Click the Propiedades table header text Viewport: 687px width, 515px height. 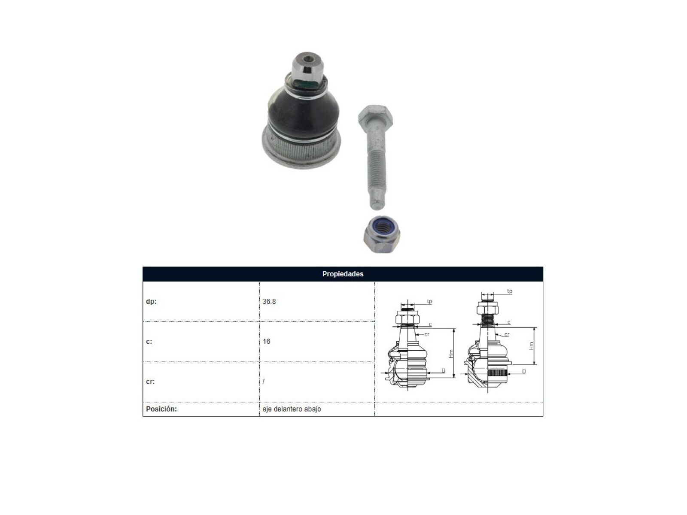(342, 274)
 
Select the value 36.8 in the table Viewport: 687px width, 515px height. (269, 301)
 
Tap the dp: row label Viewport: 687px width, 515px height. (151, 301)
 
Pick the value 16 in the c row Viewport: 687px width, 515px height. (266, 342)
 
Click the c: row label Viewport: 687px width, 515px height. (149, 342)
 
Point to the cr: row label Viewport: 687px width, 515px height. (150, 382)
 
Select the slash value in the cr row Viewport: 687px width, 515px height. (264, 382)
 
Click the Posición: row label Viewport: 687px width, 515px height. (161, 409)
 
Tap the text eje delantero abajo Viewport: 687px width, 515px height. (292, 409)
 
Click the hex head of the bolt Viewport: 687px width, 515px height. (376, 115)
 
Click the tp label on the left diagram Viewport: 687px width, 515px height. (429, 301)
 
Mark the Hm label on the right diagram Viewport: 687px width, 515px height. (532, 345)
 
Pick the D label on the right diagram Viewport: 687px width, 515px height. (524, 372)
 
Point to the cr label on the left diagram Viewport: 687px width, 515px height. (427, 334)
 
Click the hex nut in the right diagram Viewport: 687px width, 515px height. (487, 309)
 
